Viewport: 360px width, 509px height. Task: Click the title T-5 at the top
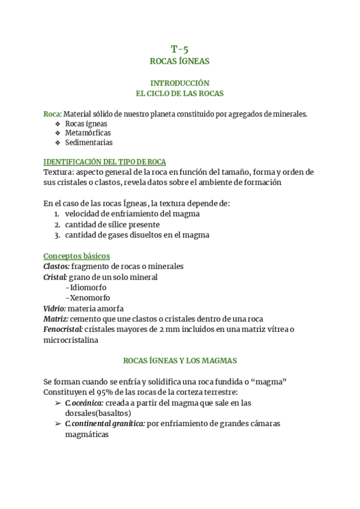pyautogui.click(x=179, y=49)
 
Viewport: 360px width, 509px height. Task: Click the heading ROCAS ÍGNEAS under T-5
pyautogui.click(x=179, y=61)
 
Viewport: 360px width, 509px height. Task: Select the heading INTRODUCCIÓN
pyautogui.click(x=179, y=83)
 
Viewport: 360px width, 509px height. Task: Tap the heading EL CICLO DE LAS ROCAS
pyautogui.click(x=179, y=93)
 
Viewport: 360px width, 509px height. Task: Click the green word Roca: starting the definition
pyautogui.click(x=53, y=114)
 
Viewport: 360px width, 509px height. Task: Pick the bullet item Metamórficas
pyautogui.click(x=88, y=133)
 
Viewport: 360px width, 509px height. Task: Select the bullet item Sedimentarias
pyautogui.click(x=89, y=143)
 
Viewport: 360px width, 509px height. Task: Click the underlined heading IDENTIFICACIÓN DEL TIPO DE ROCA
pyautogui.click(x=104, y=162)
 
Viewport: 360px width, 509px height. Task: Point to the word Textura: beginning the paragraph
pyautogui.click(x=58, y=172)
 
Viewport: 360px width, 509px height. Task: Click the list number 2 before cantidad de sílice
pyautogui.click(x=56, y=224)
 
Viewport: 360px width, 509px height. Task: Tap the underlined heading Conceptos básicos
pyautogui.click(x=76, y=256)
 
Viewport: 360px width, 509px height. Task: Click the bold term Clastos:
pyautogui.click(x=56, y=266)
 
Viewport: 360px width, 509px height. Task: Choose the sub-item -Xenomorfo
pyautogui.click(x=88, y=298)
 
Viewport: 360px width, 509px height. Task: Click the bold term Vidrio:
pyautogui.click(x=54, y=308)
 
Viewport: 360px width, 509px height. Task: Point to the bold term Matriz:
pyautogui.click(x=56, y=319)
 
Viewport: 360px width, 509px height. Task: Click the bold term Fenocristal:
pyautogui.click(x=63, y=329)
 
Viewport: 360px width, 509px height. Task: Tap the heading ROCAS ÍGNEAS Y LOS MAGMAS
pyautogui.click(x=179, y=361)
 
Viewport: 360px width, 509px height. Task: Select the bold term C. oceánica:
pyautogui.click(x=84, y=403)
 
